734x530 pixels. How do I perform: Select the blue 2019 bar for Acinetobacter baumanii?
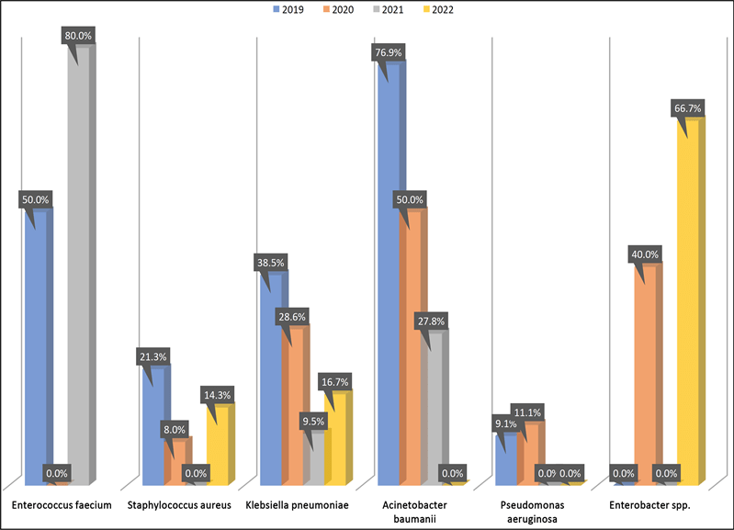[390, 276]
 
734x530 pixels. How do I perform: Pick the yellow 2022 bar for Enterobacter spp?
[689, 303]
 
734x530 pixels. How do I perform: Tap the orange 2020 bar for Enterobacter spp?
[646, 377]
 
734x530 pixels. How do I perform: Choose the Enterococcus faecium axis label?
[62, 505]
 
